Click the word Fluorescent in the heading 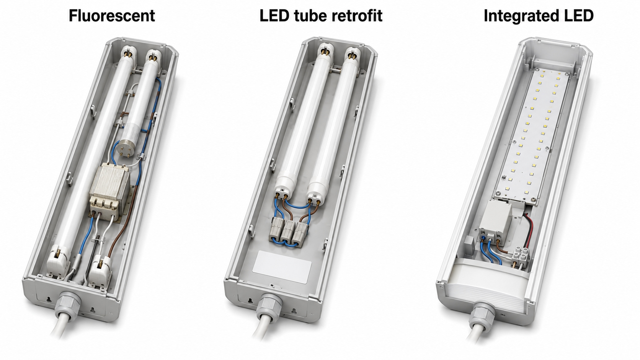pyautogui.click(x=112, y=16)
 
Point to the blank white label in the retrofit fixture pyautogui.click(x=282, y=267)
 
